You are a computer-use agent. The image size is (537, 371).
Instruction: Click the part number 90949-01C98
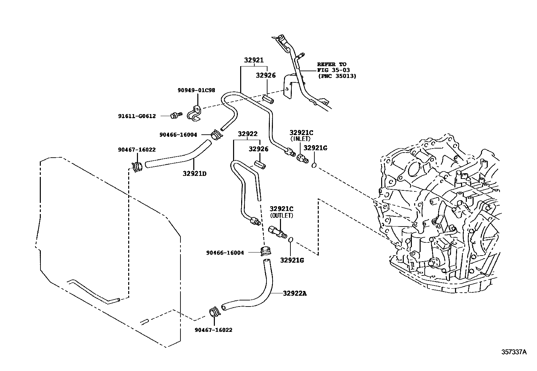click(196, 90)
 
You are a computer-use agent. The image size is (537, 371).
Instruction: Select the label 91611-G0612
click(137, 116)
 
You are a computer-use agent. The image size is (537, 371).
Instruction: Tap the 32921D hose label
click(195, 174)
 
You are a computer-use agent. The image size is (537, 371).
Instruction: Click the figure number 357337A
click(513, 352)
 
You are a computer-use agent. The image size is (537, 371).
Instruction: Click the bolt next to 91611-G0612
click(175, 115)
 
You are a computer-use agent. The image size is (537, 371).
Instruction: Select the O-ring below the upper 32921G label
click(314, 165)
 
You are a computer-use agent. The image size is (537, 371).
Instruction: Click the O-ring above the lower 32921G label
click(290, 240)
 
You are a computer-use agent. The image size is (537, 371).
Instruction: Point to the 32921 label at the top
click(254, 60)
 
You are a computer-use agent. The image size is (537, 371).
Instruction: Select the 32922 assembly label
click(247, 134)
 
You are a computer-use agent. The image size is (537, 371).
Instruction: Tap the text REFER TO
click(332, 64)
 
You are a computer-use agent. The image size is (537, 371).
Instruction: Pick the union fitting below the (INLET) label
click(301, 158)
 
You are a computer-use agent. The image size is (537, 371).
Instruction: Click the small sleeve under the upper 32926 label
click(268, 99)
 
